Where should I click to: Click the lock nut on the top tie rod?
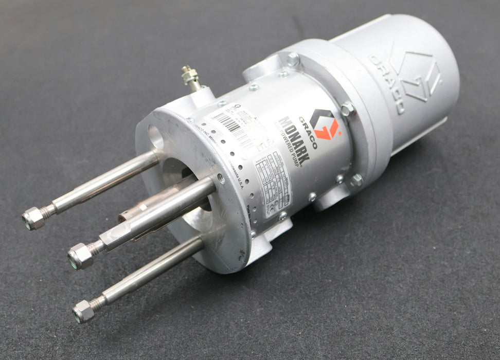coord(33,218)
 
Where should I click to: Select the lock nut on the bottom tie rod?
coord(83,311)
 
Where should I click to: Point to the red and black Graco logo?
coord(325,124)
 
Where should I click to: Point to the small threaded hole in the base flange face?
coord(221,178)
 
